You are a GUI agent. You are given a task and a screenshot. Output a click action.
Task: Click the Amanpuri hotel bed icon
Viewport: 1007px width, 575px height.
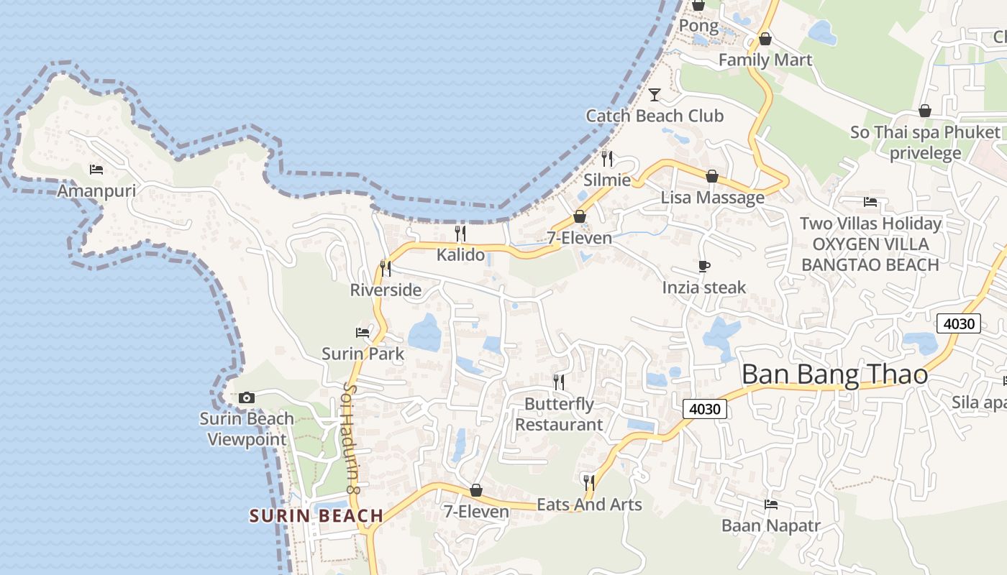point(96,170)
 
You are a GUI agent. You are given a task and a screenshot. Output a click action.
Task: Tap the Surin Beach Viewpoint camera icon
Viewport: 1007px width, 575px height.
point(246,397)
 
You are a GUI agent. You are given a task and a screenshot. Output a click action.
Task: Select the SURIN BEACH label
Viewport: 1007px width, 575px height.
point(316,515)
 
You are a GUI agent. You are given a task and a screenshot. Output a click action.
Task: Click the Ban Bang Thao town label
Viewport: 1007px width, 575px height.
point(834,374)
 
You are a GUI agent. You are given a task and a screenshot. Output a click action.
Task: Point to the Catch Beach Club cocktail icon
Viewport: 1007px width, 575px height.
point(655,94)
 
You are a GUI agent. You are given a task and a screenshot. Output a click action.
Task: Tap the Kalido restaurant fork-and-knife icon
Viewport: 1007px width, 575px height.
point(460,233)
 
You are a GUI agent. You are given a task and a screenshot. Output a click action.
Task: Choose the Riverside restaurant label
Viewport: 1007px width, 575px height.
point(386,290)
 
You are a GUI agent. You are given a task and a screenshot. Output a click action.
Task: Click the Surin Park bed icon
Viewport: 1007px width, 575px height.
point(363,332)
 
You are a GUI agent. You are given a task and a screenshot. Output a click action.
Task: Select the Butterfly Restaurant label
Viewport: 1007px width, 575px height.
point(559,414)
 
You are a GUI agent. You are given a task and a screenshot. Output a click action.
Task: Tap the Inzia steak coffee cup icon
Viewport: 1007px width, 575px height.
point(704,267)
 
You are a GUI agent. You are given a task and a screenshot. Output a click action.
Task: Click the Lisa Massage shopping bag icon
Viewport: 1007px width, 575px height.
point(712,176)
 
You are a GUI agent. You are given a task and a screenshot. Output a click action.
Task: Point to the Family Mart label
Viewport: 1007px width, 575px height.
point(765,60)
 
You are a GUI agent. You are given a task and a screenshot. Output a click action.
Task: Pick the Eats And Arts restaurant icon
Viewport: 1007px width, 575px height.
point(589,482)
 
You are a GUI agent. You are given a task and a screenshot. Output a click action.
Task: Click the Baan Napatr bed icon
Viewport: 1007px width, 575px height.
point(771,504)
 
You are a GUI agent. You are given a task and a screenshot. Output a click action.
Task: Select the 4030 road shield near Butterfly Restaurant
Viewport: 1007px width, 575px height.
point(705,409)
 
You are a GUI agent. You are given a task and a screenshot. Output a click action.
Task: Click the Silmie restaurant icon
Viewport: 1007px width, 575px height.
point(607,158)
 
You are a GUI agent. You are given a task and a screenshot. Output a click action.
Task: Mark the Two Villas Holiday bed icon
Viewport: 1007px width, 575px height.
point(870,202)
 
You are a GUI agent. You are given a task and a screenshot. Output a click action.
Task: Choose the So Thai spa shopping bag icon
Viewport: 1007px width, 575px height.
point(925,111)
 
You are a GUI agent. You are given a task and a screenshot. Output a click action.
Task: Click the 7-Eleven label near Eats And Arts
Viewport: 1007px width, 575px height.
point(476,512)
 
